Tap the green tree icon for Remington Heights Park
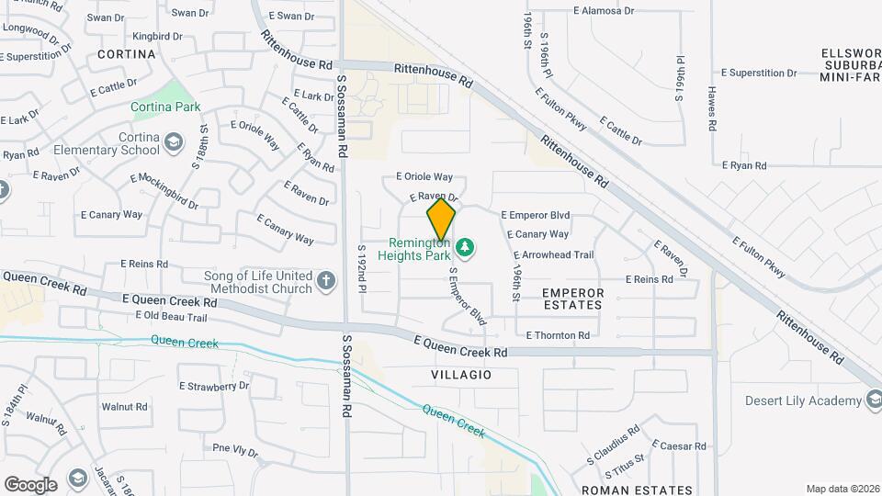[466, 246]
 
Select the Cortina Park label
[165, 107]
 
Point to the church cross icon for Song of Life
[325, 280]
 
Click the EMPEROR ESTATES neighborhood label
[573, 299]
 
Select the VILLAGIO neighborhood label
[460, 375]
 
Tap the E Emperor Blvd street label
[536, 215]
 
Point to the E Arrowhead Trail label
[554, 255]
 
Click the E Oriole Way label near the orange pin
[424, 176]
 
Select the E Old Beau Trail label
[171, 317]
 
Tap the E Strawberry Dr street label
[213, 387]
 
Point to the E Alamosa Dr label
[603, 11]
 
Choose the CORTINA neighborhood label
[126, 54]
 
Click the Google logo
[30, 485]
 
